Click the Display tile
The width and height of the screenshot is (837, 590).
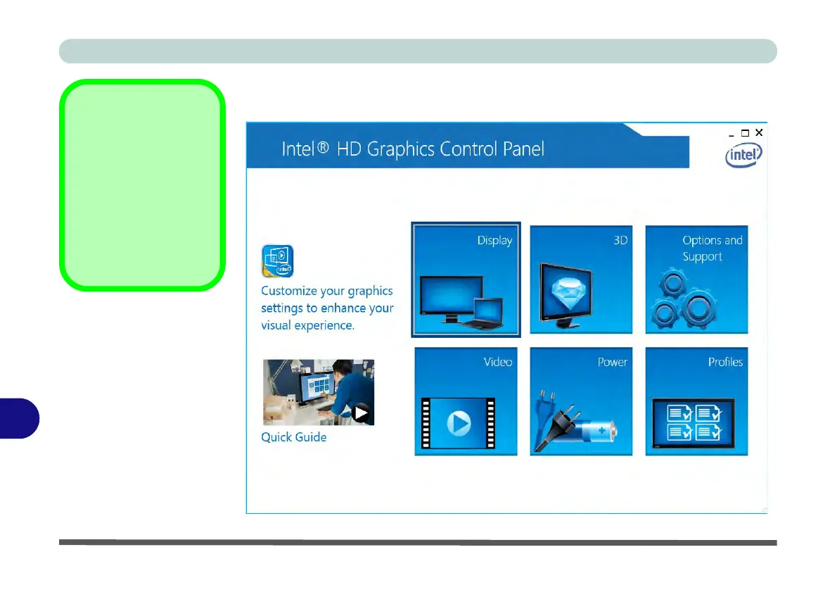466,280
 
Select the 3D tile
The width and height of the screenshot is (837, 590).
581,280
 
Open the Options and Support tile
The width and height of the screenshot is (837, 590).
696,280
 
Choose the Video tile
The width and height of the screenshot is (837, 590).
466,401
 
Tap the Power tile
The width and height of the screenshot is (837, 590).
581,401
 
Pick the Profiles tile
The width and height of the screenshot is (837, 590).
696,401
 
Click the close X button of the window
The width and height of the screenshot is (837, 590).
759,132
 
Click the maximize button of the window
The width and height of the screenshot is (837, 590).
745,133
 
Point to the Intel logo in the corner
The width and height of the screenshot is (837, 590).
743,156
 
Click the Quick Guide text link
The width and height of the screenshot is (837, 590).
293,437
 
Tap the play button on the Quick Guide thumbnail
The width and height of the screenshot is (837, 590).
361,413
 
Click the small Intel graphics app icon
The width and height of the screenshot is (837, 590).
278,261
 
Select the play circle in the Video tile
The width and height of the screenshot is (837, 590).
459,423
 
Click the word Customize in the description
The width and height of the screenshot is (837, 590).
289,291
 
